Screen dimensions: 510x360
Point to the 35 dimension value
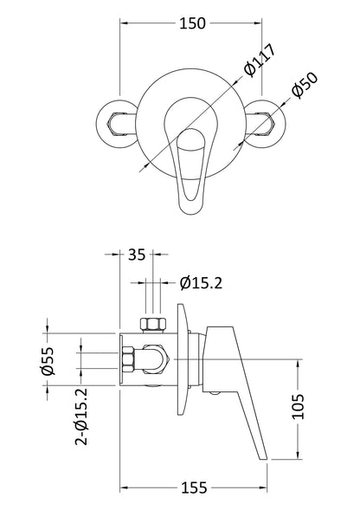[x=135, y=255]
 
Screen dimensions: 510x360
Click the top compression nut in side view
[x=151, y=327]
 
